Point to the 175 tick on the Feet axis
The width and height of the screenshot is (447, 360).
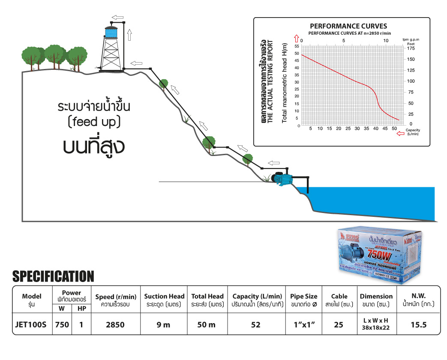tap(411, 48)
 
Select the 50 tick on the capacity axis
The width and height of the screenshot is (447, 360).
tap(394, 128)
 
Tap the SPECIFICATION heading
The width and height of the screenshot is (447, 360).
tap(53, 276)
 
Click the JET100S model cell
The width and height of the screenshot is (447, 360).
tap(32, 324)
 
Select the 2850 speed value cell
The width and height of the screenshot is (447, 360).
tap(115, 324)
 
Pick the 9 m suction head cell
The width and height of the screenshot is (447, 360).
tap(164, 324)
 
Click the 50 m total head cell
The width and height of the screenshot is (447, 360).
tap(207, 324)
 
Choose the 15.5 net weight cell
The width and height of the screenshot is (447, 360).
tap(418, 324)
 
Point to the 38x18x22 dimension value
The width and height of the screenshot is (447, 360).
tap(376, 328)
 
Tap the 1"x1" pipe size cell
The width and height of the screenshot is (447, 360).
tap(303, 324)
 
